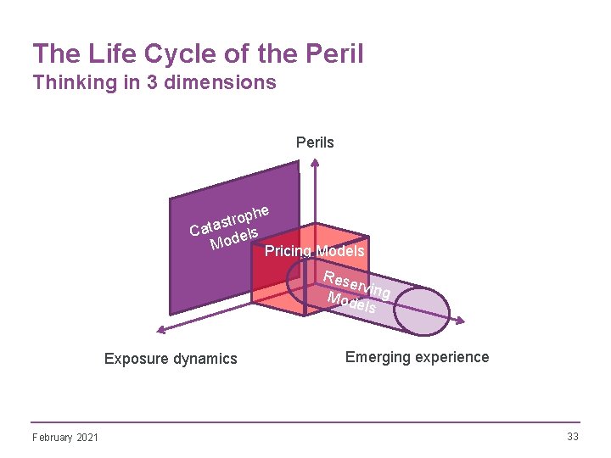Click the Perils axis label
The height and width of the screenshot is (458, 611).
tap(315, 142)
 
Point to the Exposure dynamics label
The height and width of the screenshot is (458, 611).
tap(171, 359)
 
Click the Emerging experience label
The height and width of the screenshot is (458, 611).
tap(417, 357)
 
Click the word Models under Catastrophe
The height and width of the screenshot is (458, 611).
tap(233, 238)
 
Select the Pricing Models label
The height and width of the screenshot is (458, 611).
tap(314, 251)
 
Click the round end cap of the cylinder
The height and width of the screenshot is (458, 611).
tap(422, 310)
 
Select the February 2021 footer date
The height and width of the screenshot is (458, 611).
tap(64, 437)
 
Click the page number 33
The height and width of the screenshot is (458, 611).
tap(572, 436)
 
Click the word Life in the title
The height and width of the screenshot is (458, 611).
tap(100, 54)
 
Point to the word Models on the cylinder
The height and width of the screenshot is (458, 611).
tap(352, 303)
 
